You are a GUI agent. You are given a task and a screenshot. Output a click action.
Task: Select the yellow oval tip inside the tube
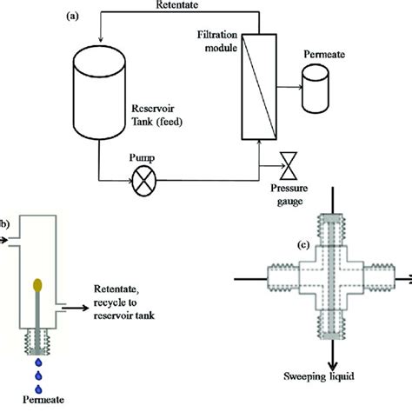(37, 284)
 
